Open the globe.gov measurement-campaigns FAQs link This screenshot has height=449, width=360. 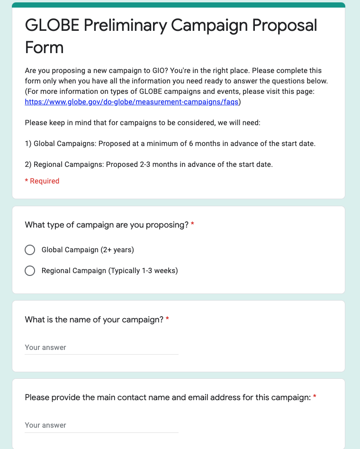[x=132, y=101]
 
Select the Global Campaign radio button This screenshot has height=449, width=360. [x=30, y=250]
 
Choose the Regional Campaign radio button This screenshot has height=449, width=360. [x=30, y=271]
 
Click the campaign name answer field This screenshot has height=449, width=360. [x=101, y=348]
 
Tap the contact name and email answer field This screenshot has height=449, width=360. [x=101, y=425]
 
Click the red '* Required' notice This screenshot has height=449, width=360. [x=42, y=181]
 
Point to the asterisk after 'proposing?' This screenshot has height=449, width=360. [x=192, y=225]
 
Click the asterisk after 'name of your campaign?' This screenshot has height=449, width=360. [x=167, y=320]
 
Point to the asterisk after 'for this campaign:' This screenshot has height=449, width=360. [x=315, y=397]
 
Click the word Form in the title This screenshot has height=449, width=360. [x=44, y=47]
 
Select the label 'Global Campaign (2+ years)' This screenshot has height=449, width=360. [x=88, y=250]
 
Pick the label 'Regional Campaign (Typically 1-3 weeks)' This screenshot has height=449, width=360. [x=109, y=271]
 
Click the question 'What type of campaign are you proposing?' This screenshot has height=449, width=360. [x=107, y=225]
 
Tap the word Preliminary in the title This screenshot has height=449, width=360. [x=125, y=25]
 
